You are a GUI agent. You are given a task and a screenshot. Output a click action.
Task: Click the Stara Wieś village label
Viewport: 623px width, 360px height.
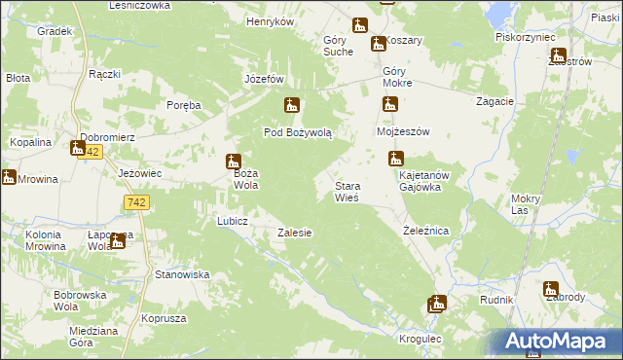click(x=348, y=191)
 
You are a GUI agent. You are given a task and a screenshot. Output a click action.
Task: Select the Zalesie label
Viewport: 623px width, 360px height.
click(x=294, y=233)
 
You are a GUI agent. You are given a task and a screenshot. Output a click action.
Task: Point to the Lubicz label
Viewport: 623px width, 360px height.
click(x=233, y=221)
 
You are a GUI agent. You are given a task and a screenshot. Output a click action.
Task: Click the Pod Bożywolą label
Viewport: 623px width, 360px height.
click(x=298, y=132)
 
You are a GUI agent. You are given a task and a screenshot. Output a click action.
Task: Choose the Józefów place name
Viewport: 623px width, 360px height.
click(x=264, y=79)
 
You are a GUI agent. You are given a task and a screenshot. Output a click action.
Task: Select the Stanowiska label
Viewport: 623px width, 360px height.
click(x=182, y=274)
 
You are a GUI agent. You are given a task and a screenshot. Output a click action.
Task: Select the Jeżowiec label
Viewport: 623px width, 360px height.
click(x=138, y=172)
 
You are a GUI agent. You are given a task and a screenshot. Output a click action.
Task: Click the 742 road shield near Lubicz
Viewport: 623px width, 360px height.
click(x=137, y=201)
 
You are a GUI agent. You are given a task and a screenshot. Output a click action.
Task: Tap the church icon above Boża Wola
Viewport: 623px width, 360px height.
click(x=233, y=161)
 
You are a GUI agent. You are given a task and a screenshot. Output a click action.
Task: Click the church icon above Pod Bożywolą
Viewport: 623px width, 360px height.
click(x=291, y=105)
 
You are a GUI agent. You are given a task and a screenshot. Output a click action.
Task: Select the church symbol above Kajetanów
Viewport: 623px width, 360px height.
click(x=396, y=158)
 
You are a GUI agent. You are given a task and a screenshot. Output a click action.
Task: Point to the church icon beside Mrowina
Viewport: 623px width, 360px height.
click(x=9, y=177)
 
